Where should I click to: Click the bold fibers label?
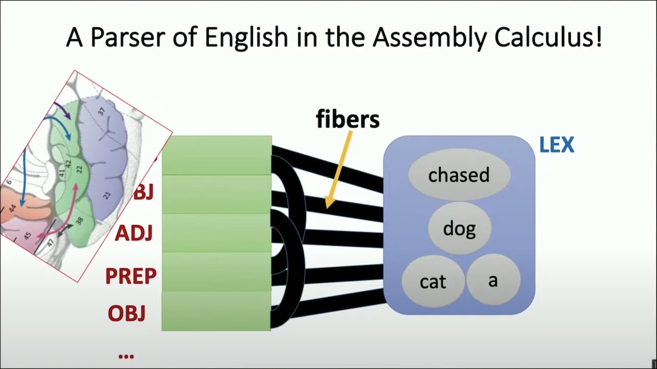348,119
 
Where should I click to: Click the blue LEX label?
557,145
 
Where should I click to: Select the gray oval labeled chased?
459,175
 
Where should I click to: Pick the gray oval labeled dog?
459,228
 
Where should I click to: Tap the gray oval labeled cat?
433,281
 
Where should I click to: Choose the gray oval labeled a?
493,280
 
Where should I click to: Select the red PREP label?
131,276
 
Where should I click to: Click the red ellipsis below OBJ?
126,355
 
